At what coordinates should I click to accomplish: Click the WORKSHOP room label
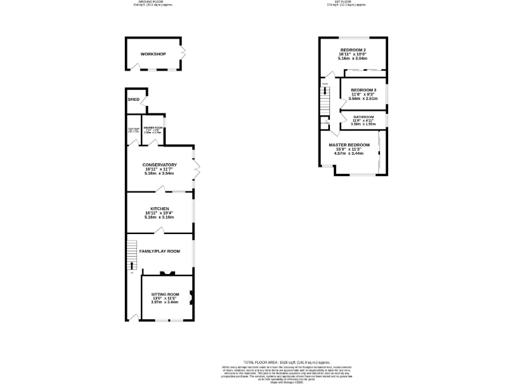pyautogui.click(x=153, y=54)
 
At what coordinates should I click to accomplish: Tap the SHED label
pyautogui.click(x=134, y=99)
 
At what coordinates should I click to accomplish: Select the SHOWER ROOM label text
pyautogui.click(x=153, y=127)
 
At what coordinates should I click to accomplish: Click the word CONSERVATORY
pyautogui.click(x=159, y=165)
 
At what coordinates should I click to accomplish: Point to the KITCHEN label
pyautogui.click(x=159, y=209)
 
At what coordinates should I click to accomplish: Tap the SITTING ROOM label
pyautogui.click(x=164, y=294)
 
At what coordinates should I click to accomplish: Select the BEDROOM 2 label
pyautogui.click(x=353, y=50)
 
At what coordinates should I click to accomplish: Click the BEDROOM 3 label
pyautogui.click(x=363, y=90)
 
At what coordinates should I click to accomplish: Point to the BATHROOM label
pyautogui.click(x=363, y=117)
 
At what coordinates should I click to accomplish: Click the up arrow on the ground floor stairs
pyautogui.click(x=132, y=265)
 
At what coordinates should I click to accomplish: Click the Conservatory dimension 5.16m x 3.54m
pyautogui.click(x=159, y=173)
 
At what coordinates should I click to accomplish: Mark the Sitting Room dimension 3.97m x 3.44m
pyautogui.click(x=164, y=303)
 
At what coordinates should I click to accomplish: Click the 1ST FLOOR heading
pyautogui.click(x=346, y=3)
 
